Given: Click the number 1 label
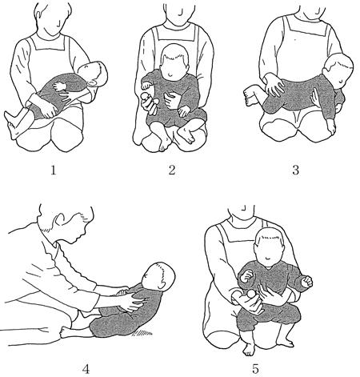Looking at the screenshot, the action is click(54, 170).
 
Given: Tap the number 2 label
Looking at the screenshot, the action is click(172, 170).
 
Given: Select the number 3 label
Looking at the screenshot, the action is click(295, 170).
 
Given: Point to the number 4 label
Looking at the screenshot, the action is click(86, 369).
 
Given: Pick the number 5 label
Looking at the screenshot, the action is click(255, 369).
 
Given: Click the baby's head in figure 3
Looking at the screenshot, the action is click(338, 69).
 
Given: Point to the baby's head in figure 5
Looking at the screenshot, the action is click(269, 246).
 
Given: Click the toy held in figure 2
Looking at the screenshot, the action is click(150, 102).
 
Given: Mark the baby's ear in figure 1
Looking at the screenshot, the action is click(93, 83).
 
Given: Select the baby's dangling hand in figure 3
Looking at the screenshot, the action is click(330, 127).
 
